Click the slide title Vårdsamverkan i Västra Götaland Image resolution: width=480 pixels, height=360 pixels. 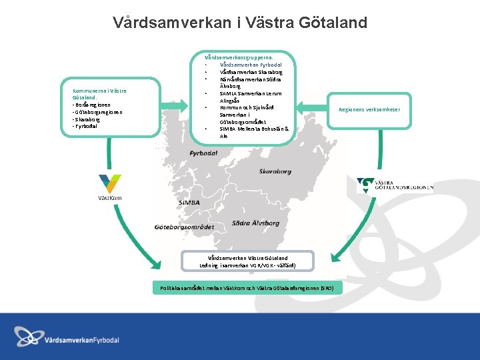click(x=240, y=23)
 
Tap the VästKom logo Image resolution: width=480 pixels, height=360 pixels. click(x=109, y=187)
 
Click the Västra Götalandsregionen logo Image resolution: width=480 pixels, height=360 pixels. click(x=395, y=185)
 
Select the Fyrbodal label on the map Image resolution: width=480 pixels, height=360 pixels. click(x=203, y=153)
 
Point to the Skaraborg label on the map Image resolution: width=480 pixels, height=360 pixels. click(x=275, y=171)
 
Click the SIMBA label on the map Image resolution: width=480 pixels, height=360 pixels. click(x=189, y=202)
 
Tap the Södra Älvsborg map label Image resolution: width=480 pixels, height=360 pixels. click(x=255, y=223)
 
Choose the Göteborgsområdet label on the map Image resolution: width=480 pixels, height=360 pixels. click(x=183, y=227)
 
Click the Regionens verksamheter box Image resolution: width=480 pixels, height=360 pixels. click(x=369, y=109)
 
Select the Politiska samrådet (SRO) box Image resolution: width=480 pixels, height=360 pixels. click(x=247, y=288)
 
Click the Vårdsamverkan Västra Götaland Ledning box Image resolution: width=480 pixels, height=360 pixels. click(x=247, y=261)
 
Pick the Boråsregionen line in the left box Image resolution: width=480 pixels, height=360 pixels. click(x=92, y=105)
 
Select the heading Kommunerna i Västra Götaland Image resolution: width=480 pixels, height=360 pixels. click(x=99, y=94)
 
